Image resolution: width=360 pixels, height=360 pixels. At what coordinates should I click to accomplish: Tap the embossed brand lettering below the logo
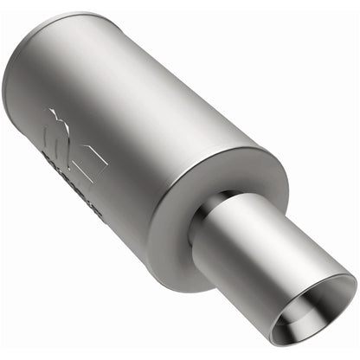click(73, 177)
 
